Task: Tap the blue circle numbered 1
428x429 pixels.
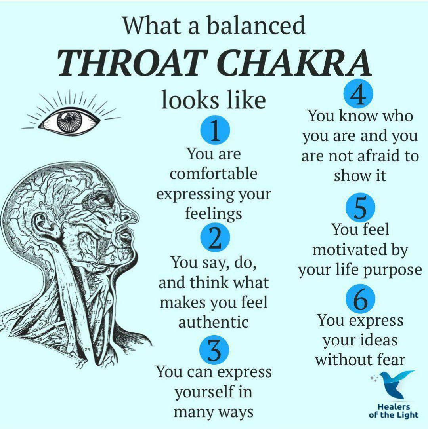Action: [x=215, y=130]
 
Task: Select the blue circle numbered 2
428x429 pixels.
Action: [x=215, y=237]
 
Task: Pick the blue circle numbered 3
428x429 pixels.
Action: [x=214, y=350]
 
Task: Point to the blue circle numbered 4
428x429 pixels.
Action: [x=358, y=93]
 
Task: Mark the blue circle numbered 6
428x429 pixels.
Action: [x=360, y=298]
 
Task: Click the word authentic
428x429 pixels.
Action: [x=214, y=322]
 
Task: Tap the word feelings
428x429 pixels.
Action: [x=214, y=214]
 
